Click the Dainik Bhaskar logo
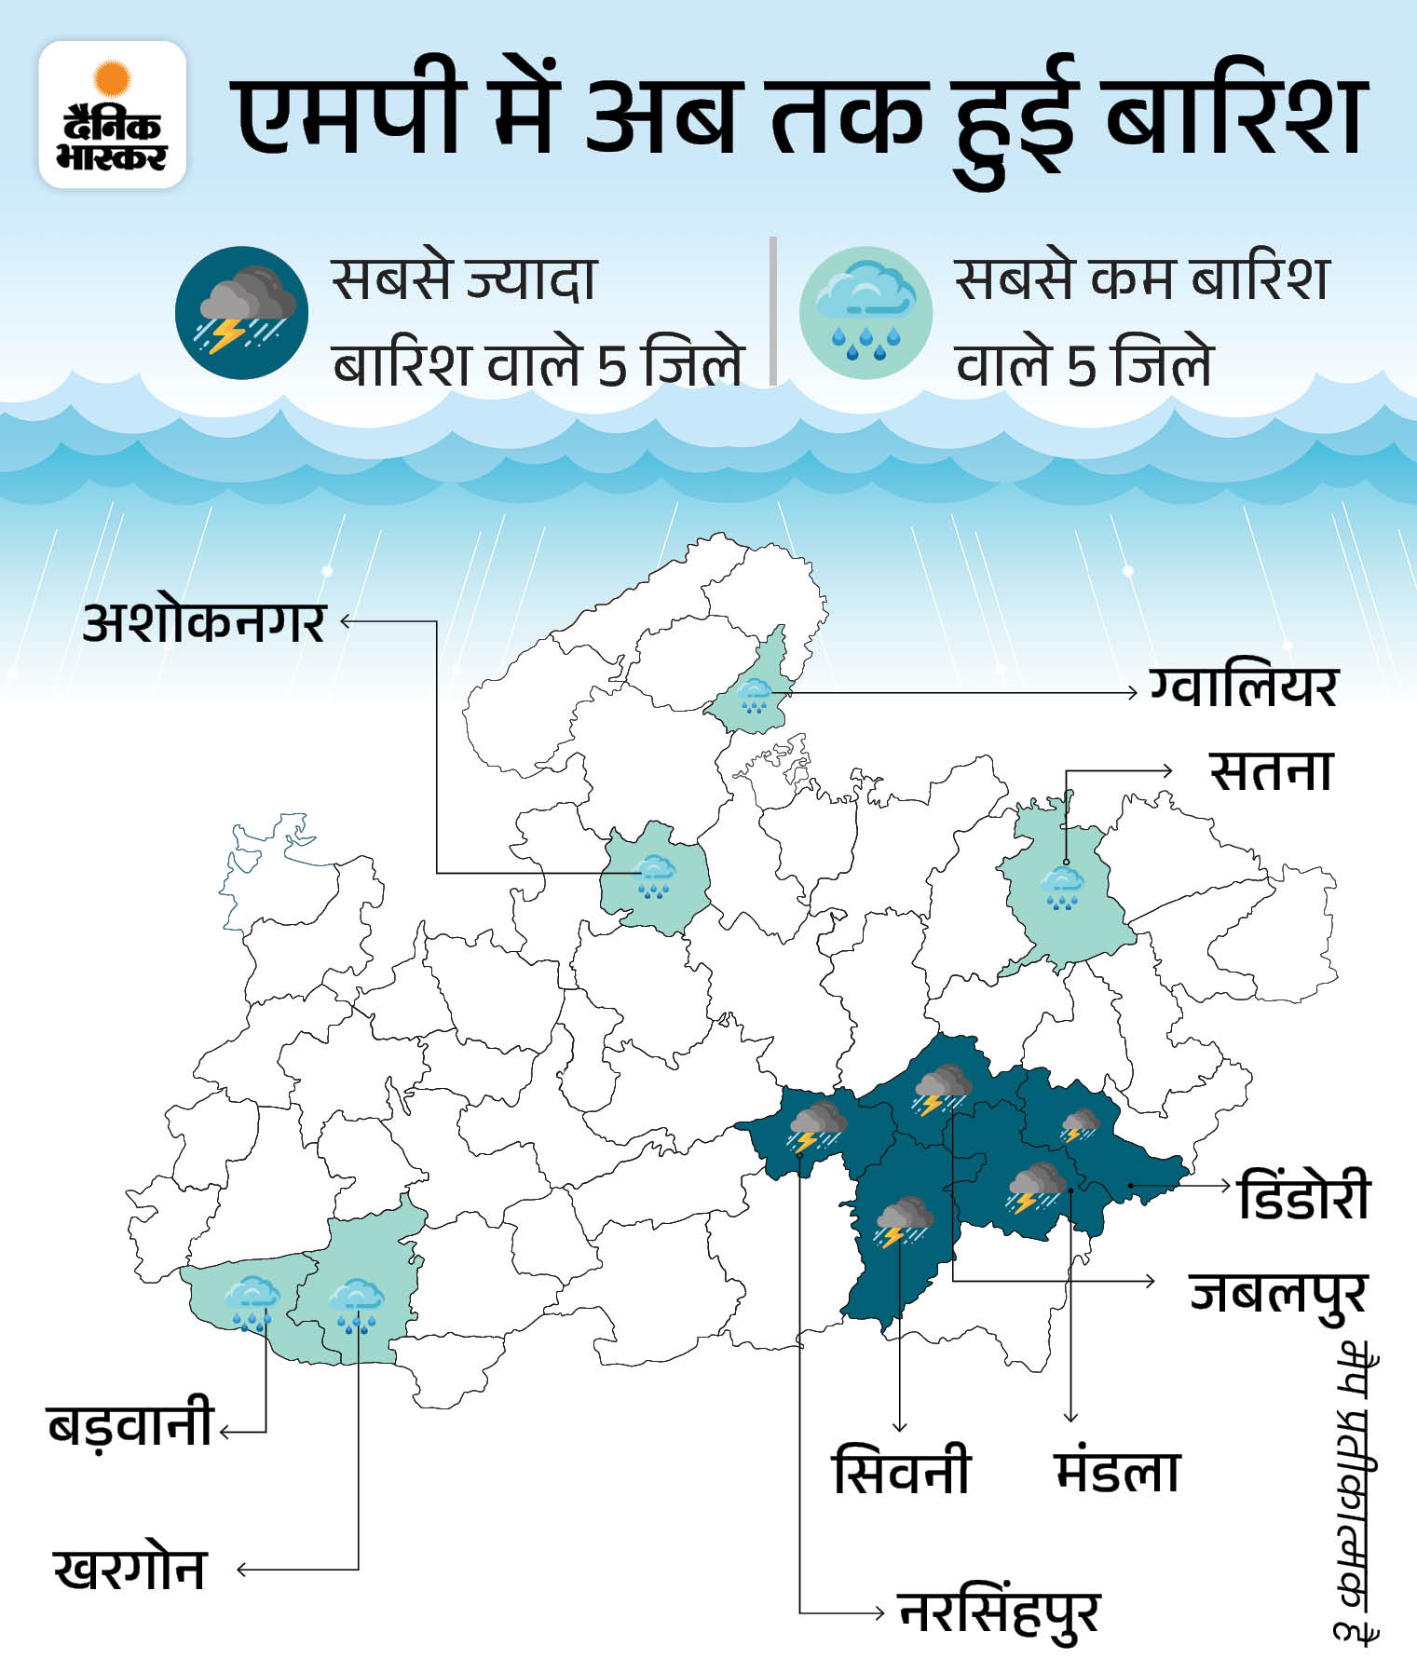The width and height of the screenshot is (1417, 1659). click(113, 115)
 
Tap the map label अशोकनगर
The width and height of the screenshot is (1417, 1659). click(205, 622)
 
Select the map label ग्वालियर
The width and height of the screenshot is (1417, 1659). click(1243, 688)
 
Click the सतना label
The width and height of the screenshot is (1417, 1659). click(1272, 771)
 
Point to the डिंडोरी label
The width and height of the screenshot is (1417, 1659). click(1304, 1197)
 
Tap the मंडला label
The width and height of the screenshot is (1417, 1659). click(1118, 1472)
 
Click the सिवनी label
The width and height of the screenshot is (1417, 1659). click(902, 1472)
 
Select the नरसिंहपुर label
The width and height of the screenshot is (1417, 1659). click(1000, 1612)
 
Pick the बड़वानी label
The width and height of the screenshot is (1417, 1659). click(130, 1424)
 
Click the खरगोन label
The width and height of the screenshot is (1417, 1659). click(130, 1570)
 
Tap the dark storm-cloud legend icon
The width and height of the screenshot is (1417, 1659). click(242, 312)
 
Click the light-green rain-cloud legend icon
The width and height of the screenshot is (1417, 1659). click(865, 312)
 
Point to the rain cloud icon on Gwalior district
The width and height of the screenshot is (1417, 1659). click(753, 694)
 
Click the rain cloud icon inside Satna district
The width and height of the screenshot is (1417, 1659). click(1061, 888)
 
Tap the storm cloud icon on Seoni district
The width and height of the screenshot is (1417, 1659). click(903, 1221)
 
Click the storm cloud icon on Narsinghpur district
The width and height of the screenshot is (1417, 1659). click(817, 1125)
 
